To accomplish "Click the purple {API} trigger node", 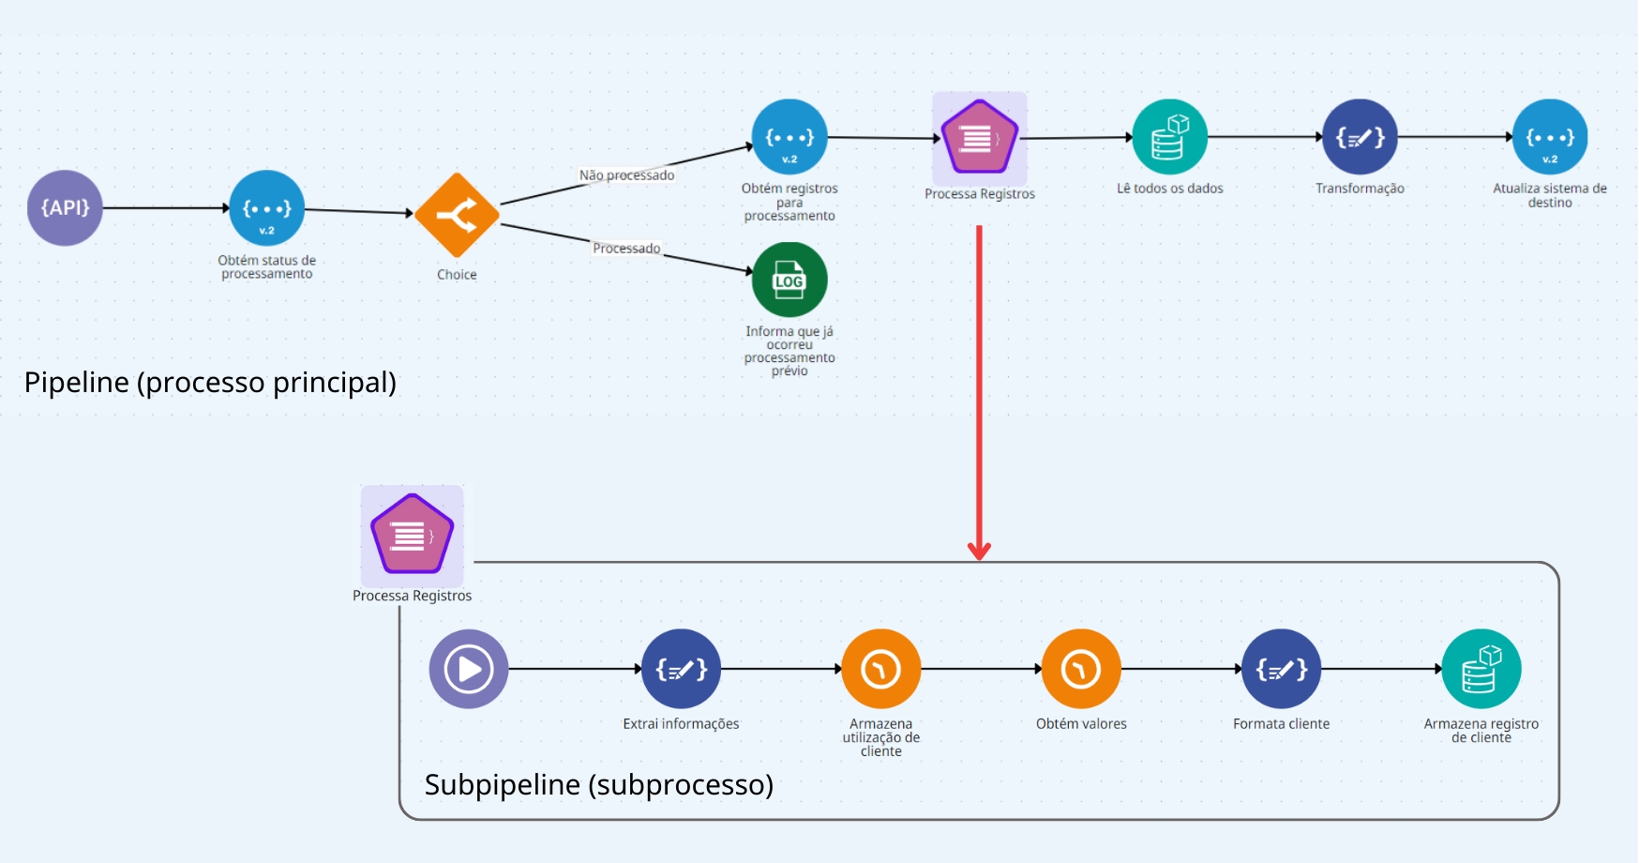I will point(65,207).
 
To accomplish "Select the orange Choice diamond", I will point(457,215).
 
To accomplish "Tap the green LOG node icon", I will point(789,280).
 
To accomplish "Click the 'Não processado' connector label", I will point(626,175).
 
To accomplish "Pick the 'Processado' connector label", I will point(626,249).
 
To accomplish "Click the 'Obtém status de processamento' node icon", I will point(267,207).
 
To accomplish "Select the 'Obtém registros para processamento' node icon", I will point(789,137).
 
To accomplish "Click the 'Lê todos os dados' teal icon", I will point(1169,137).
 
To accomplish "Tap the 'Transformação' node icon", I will point(1360,137).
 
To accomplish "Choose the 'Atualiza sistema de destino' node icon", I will point(1550,137).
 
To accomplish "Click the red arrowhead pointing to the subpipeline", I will point(980,551).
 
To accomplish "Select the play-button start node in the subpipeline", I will point(469,669).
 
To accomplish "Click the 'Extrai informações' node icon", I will point(681,669).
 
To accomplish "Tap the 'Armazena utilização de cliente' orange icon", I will point(881,669).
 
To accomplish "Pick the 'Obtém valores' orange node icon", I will point(1081,669).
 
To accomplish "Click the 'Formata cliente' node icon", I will point(1281,669).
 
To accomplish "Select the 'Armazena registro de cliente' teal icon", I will point(1481,669).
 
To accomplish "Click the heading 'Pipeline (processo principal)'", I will point(210,383).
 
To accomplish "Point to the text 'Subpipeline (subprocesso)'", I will point(599,784).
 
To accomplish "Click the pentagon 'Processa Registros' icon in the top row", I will point(980,138).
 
